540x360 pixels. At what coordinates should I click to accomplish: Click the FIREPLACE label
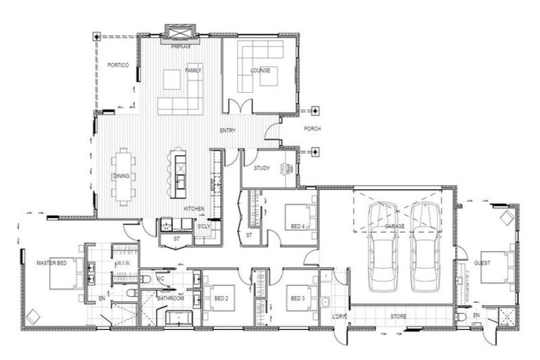[x=181, y=46]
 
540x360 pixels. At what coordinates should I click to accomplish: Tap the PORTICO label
[x=117, y=65]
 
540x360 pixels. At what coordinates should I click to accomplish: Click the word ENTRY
[x=227, y=130]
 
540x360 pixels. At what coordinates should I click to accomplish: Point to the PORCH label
[x=312, y=129]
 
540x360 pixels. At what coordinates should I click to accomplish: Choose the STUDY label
[x=262, y=168]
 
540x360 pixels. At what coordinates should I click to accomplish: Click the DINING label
[x=121, y=176]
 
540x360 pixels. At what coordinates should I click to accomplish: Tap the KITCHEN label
[x=194, y=210]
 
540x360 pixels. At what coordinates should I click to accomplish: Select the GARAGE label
[x=395, y=226]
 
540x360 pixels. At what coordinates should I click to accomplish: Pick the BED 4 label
[x=297, y=226]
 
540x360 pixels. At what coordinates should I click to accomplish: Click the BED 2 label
[x=221, y=298]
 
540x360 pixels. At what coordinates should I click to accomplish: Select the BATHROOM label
[x=170, y=298]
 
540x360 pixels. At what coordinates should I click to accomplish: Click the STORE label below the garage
[x=399, y=316]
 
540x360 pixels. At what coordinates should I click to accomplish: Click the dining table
[x=124, y=176]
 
